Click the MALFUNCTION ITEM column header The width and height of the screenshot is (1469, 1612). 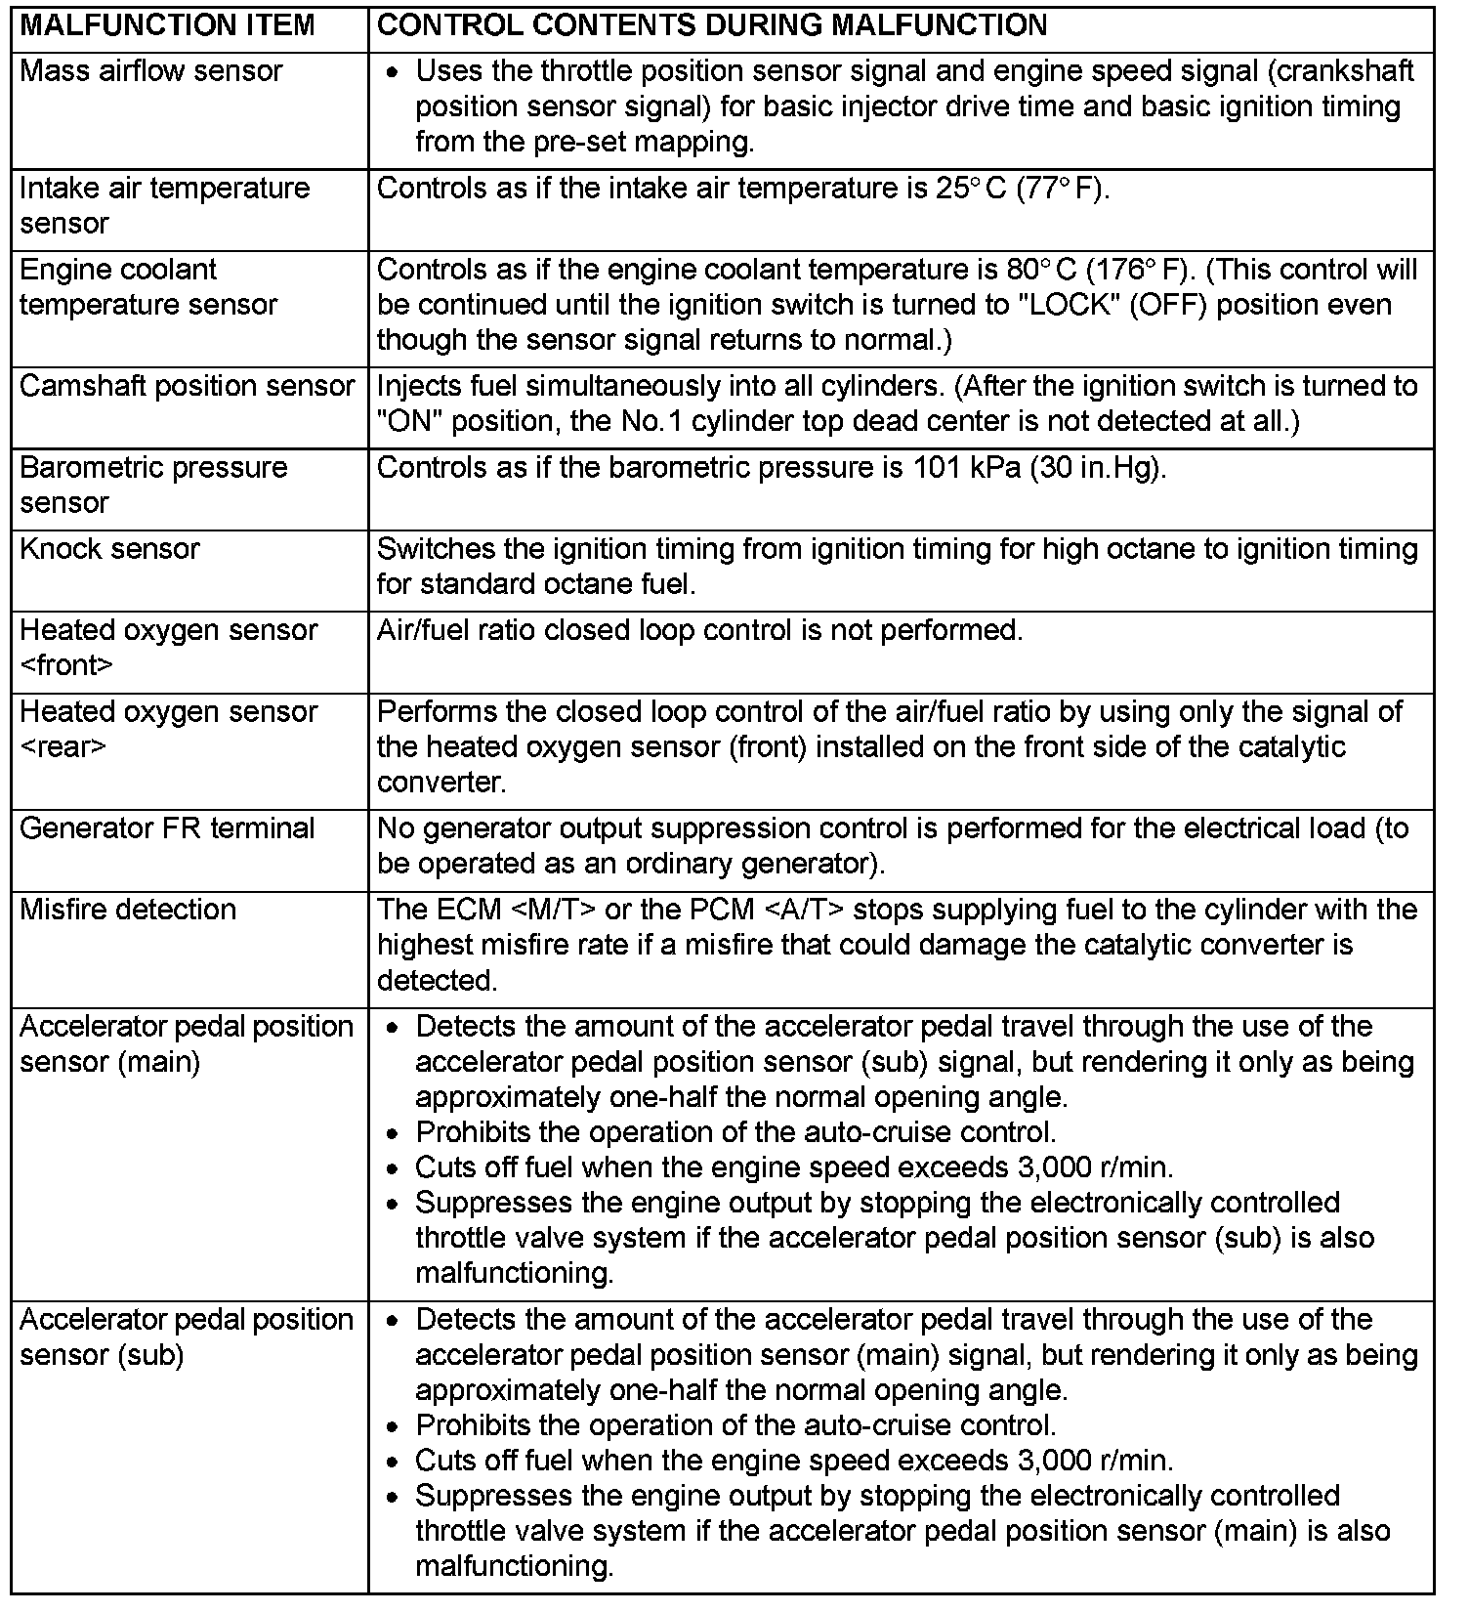167,25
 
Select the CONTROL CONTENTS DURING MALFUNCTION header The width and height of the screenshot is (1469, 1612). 711,25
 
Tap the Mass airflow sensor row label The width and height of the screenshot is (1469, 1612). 150,71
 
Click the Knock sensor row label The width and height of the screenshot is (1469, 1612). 109,549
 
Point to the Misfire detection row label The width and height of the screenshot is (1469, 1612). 128,910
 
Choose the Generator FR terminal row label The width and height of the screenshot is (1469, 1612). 167,828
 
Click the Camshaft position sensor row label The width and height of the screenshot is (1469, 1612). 187,386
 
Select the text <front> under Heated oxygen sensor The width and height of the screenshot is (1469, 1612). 66,666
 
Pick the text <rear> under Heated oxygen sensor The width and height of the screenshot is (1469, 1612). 63,747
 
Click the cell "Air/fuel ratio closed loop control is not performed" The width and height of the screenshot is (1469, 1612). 699,631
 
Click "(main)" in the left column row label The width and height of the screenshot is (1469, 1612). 158,1062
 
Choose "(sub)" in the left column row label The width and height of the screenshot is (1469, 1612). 150,1355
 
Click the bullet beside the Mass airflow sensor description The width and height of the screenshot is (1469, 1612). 393,73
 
